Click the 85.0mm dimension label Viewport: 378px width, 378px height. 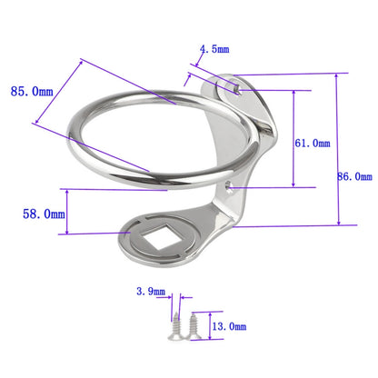coord(30,91)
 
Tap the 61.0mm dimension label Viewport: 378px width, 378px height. coord(313,143)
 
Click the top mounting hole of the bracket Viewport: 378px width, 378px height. coord(234,88)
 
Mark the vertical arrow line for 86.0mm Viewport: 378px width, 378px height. coord(338,150)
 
